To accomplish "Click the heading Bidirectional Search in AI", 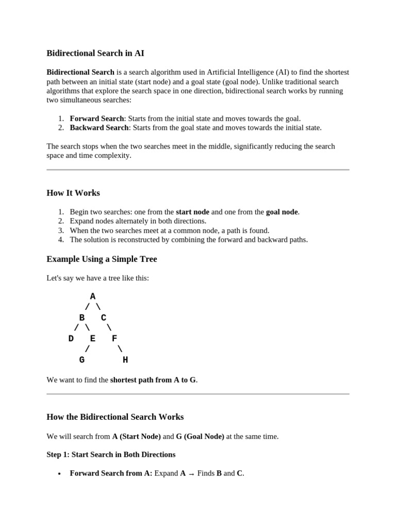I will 95,53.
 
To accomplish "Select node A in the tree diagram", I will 93,296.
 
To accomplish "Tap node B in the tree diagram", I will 82,318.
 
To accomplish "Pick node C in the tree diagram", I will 104,318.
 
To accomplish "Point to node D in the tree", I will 71,339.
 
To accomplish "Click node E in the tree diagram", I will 93,339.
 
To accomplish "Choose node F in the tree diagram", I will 114,339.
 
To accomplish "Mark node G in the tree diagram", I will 82,360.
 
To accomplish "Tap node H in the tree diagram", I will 125,360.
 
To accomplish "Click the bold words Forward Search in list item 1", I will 97,118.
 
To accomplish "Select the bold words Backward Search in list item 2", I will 99,127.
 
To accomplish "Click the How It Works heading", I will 73,193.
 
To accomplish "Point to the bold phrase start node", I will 192,212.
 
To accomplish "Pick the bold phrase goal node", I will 282,212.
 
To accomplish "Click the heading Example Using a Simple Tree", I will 102,259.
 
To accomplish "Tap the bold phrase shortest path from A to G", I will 153,380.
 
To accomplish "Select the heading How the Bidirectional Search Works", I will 115,417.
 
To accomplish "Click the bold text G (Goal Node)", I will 200,436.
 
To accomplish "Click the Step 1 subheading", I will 111,454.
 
